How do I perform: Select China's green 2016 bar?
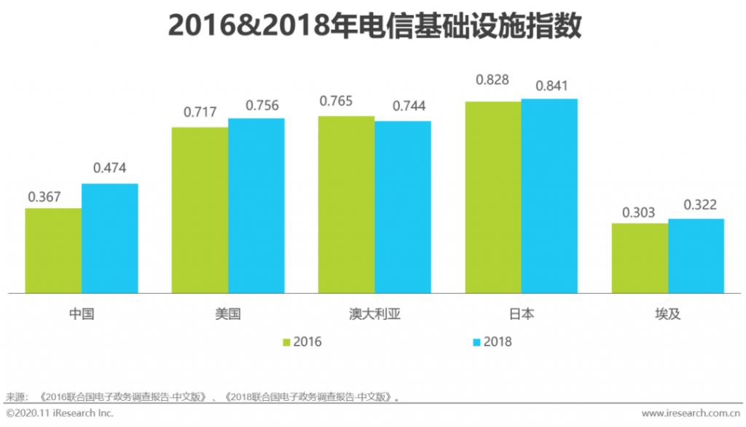click(x=53, y=250)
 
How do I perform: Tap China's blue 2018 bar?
click(x=109, y=238)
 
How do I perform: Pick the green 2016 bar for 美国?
click(x=200, y=209)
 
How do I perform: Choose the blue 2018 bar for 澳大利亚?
click(x=403, y=207)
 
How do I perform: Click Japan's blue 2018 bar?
click(x=549, y=196)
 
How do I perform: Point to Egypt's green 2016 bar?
click(x=639, y=258)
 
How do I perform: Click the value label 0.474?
click(x=109, y=168)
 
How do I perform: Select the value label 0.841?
click(x=551, y=85)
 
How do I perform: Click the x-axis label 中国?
click(x=82, y=315)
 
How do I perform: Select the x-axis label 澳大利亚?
click(x=375, y=315)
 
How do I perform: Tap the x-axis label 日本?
click(x=522, y=315)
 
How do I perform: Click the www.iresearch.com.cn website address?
click(x=692, y=414)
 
